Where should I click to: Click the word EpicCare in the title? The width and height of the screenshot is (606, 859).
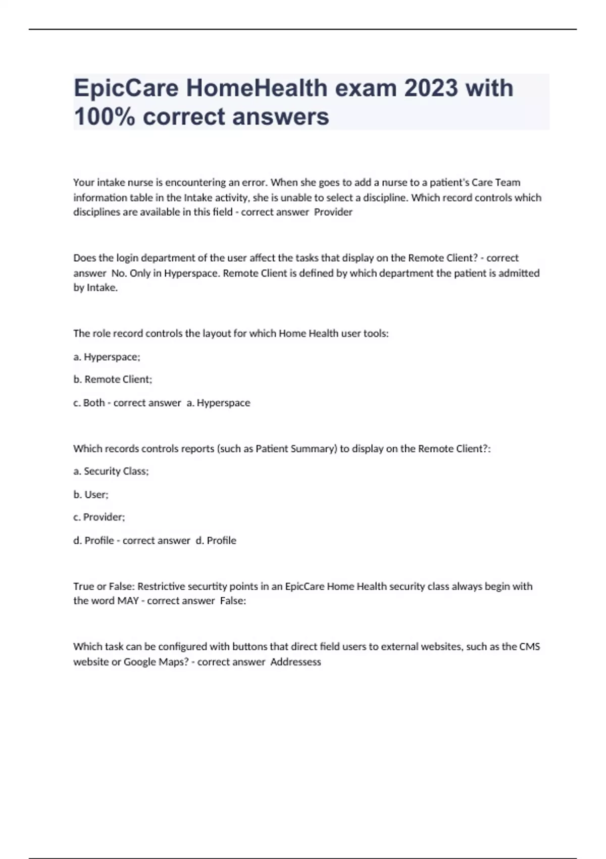(126, 88)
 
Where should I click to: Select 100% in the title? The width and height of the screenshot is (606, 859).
(104, 117)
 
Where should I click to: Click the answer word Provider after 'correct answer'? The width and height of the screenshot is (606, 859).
(333, 212)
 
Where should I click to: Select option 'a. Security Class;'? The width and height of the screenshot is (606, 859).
(111, 471)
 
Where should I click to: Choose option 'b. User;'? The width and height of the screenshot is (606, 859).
(91, 494)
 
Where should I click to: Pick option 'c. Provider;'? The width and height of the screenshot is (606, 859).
(99, 517)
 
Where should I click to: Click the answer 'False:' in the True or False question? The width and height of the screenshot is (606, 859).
(233, 601)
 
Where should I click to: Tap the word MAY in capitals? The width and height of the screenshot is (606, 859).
(128, 601)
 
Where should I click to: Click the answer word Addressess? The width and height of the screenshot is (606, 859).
(296, 662)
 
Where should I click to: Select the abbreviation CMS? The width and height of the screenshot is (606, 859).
(529, 647)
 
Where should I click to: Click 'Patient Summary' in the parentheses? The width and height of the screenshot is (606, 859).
(296, 449)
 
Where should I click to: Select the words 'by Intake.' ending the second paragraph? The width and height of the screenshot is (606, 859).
(95, 288)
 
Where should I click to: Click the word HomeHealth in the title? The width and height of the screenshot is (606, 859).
(257, 88)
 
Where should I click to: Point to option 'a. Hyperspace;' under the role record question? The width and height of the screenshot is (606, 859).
(107, 357)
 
